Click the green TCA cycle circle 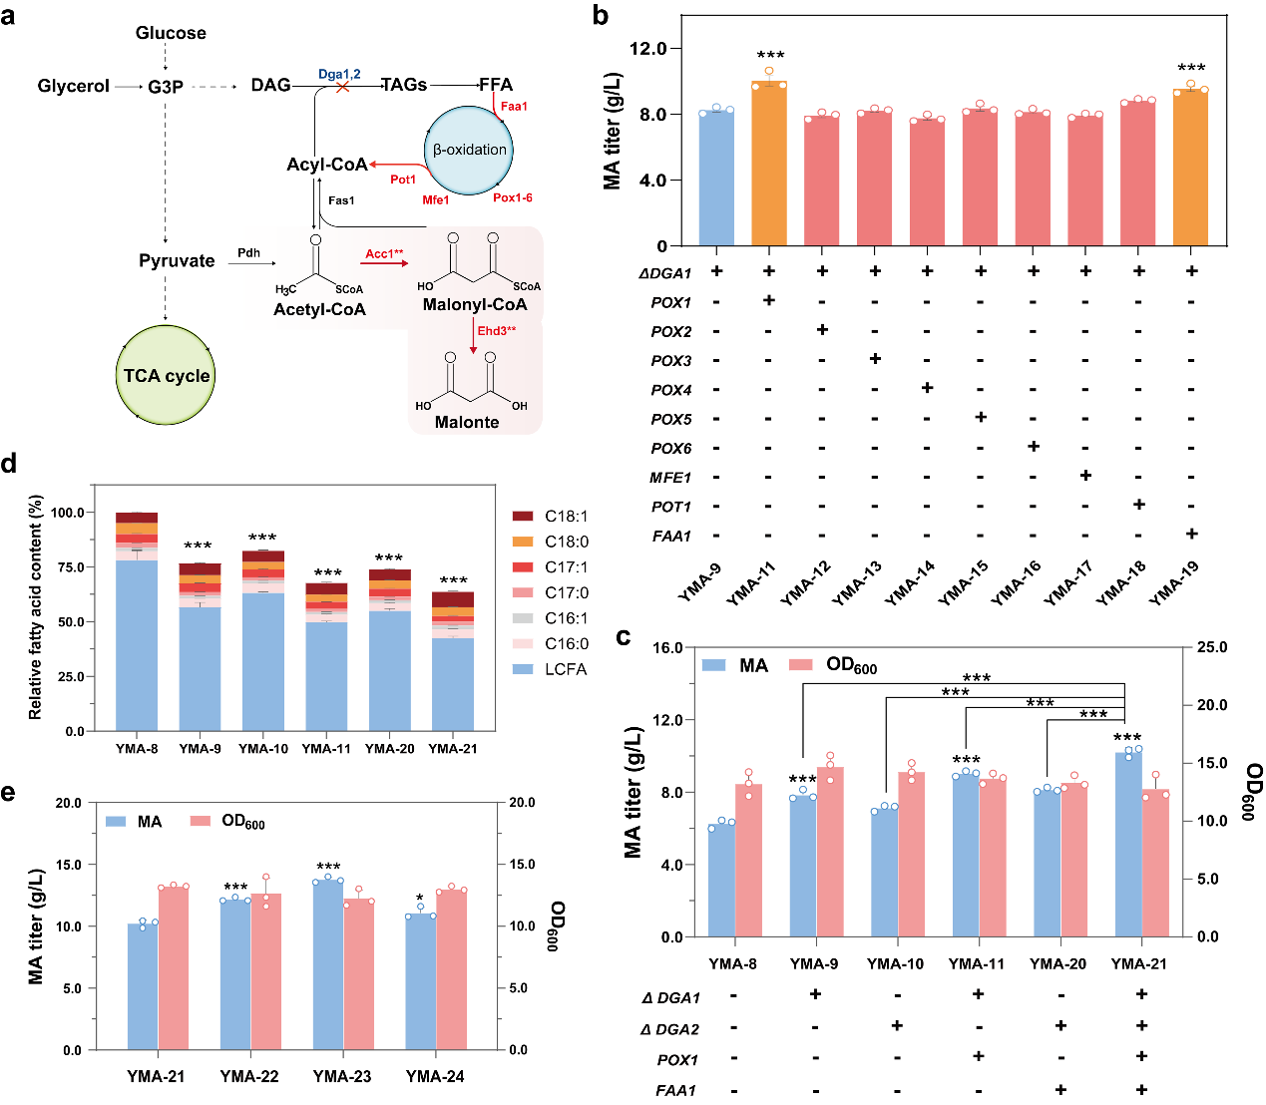(x=166, y=376)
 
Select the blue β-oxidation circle (x=469, y=150)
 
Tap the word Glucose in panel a (x=171, y=33)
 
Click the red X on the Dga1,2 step (x=341, y=88)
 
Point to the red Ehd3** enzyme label (x=496, y=331)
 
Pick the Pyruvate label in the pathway (x=177, y=260)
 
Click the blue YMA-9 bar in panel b (x=716, y=180)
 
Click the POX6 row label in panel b (x=670, y=449)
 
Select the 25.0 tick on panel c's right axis (x=1212, y=647)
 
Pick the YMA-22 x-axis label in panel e (x=249, y=1077)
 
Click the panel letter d (x=10, y=464)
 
